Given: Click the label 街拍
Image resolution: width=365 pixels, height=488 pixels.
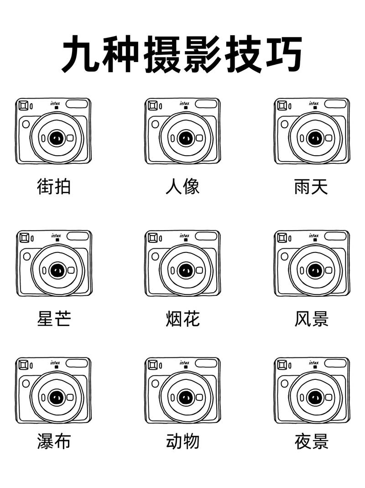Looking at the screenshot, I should tap(54, 187).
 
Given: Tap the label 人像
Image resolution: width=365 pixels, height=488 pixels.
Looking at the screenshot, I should tap(182, 187).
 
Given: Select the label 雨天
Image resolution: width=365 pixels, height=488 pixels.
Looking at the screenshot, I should tap(311, 187).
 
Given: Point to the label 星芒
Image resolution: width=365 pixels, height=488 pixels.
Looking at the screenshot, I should tap(54, 319).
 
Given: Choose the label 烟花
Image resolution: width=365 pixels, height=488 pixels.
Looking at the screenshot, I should tap(182, 319).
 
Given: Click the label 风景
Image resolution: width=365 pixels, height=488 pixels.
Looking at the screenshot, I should tap(311, 319).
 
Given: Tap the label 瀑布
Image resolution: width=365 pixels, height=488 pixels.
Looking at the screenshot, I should tap(54, 441).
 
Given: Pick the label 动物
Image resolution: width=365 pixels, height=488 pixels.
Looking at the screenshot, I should tap(182, 441).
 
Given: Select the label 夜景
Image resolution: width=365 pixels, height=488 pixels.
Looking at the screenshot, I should tap(311, 441).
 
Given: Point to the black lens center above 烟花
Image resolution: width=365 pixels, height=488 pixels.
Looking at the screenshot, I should tap(185, 270).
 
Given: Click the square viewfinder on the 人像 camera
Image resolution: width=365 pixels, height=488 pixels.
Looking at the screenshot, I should tap(152, 106).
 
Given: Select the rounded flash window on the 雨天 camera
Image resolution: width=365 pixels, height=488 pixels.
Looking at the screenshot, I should tap(335, 104).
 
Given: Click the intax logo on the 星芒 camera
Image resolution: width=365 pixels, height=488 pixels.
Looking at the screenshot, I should tap(56, 236).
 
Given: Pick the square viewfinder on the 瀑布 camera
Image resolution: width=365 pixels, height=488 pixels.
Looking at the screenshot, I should tap(23, 365).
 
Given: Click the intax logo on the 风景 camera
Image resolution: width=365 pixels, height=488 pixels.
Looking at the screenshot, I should tap(313, 236).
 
